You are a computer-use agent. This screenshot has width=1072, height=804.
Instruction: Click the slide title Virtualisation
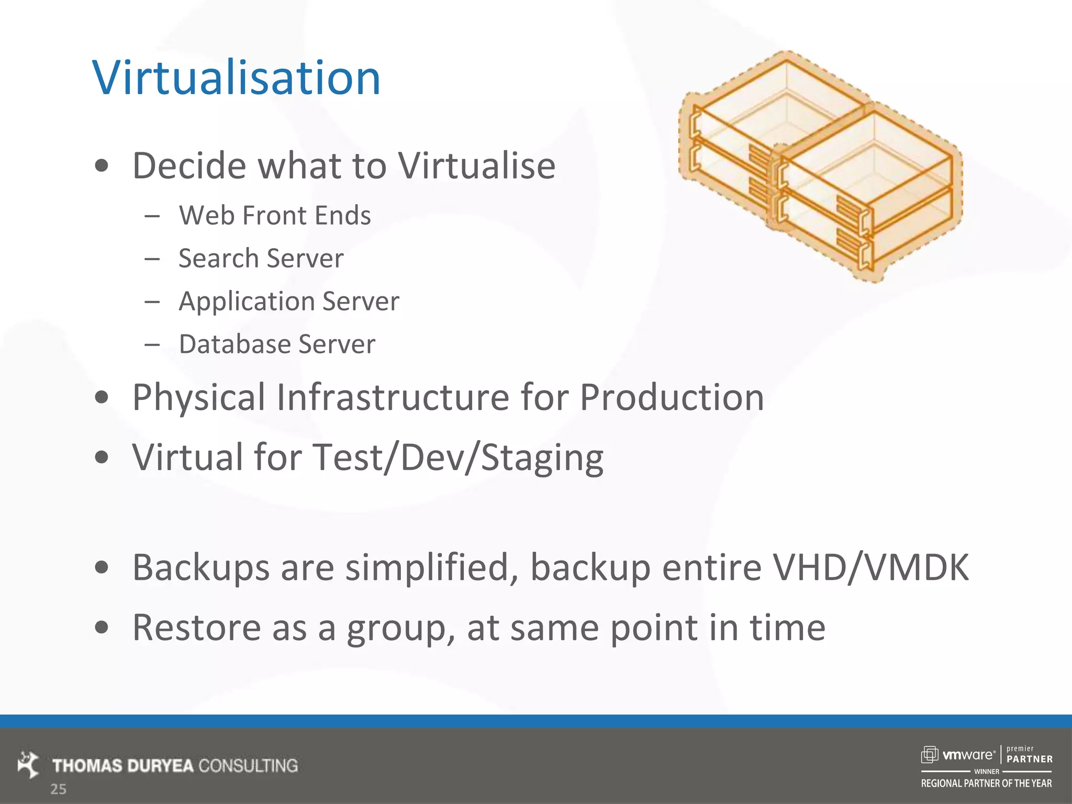(236, 78)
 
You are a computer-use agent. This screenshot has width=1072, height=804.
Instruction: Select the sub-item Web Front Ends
(274, 215)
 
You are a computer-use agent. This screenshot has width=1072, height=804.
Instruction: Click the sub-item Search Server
(261, 258)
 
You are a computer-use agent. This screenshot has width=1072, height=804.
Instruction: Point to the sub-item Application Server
(288, 301)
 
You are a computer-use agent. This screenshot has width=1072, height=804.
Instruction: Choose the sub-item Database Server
(277, 344)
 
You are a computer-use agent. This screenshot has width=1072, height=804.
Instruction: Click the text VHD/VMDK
(871, 567)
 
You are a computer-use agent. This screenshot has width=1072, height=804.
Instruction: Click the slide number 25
(58, 789)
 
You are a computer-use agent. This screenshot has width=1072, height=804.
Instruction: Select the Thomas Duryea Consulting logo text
(175, 766)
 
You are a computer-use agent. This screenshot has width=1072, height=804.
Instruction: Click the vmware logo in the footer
(958, 755)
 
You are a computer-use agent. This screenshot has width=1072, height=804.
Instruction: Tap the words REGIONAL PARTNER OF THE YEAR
(986, 784)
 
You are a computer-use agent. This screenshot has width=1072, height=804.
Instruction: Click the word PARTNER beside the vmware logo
(1029, 759)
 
